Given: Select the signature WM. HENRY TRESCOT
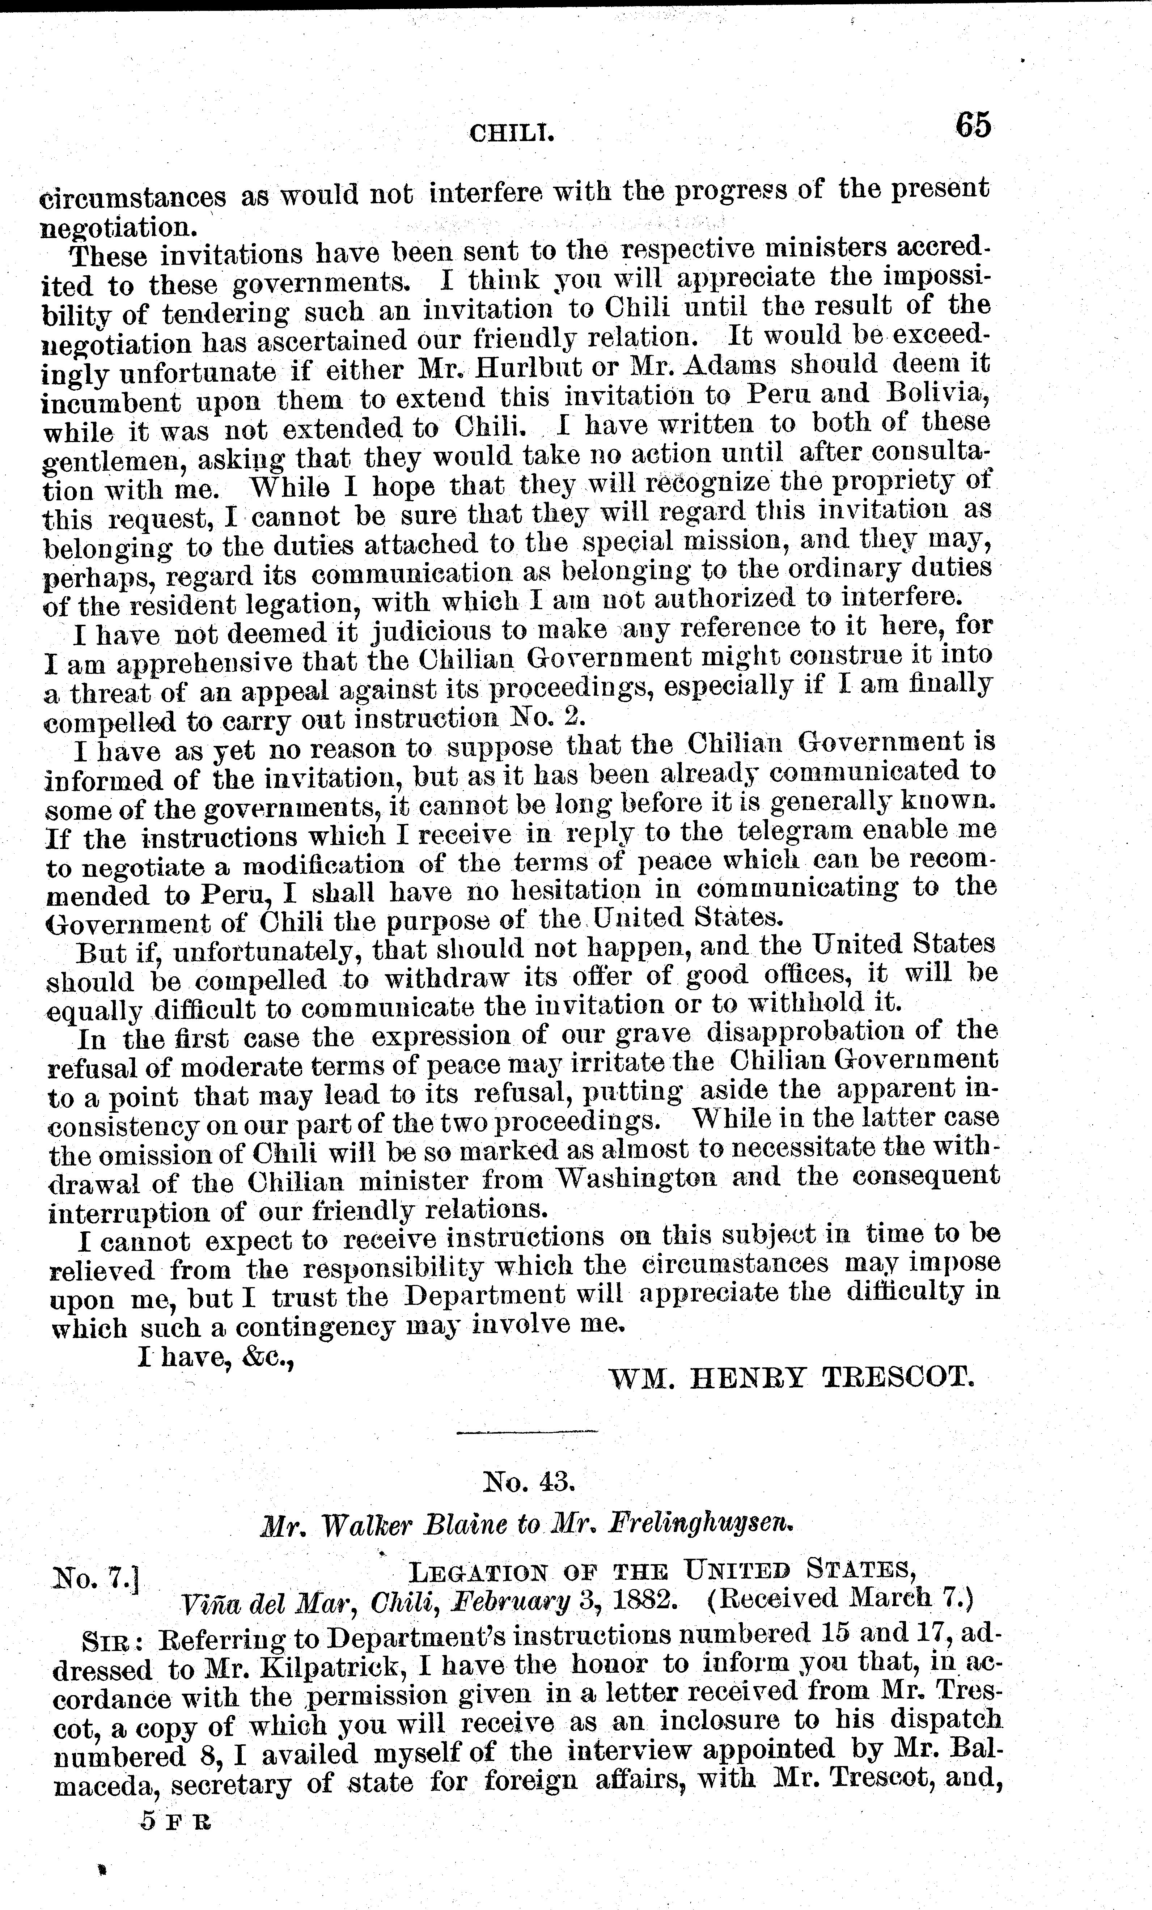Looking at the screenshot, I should [x=791, y=1378].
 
